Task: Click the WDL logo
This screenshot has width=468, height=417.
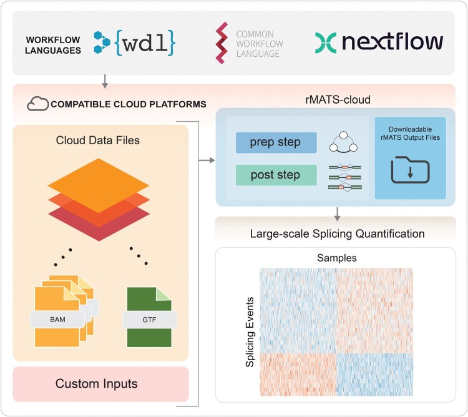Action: coord(134,41)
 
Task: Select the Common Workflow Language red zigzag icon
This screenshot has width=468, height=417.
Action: coord(222,42)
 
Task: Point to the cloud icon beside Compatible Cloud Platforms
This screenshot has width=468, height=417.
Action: coord(37,104)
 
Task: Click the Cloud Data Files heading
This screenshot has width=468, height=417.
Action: coord(100,140)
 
